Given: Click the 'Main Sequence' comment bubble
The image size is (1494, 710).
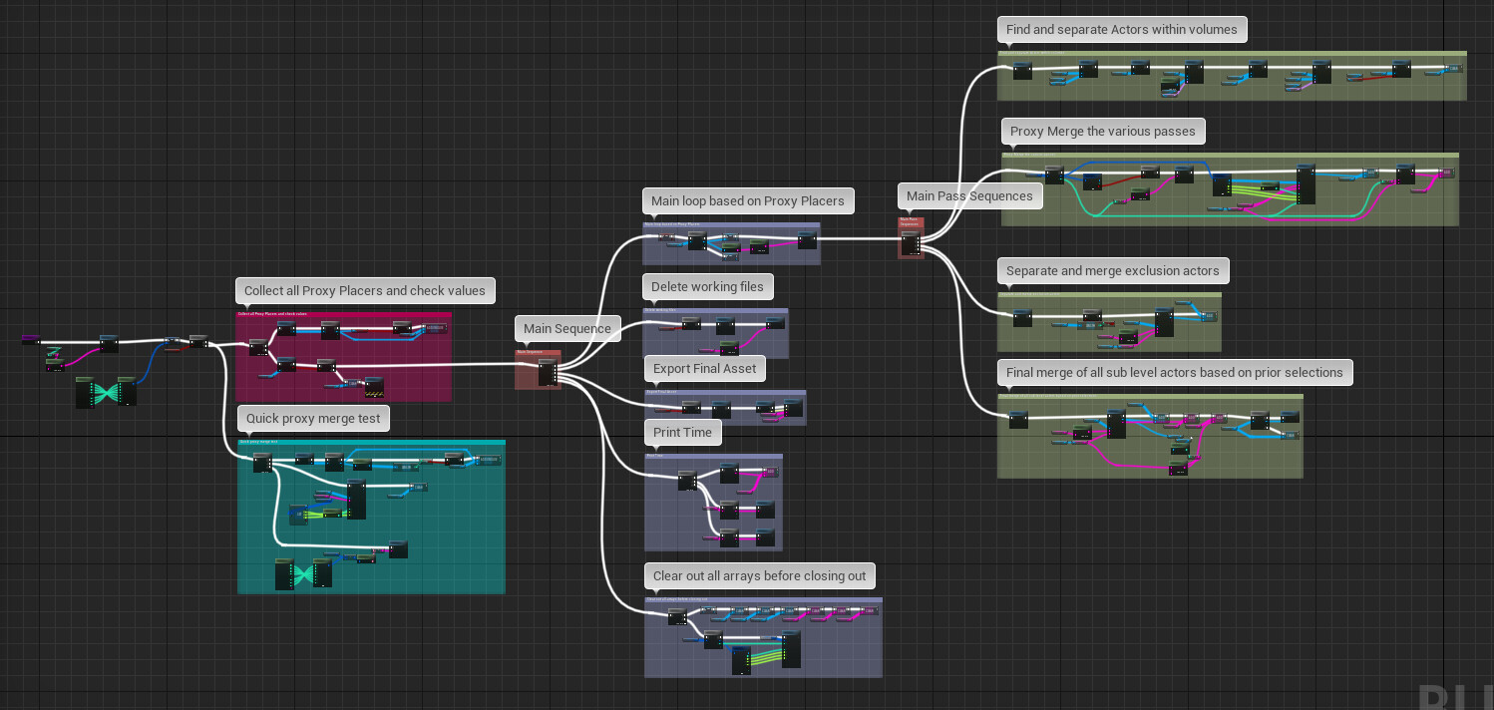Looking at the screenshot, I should point(566,329).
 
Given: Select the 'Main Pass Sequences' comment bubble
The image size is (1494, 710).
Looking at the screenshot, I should point(969,196).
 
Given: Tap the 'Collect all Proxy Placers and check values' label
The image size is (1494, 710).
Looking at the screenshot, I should point(364,291).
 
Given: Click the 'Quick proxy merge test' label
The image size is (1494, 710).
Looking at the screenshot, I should point(313,419).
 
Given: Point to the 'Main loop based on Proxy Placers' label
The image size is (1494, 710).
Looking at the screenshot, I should point(747,201).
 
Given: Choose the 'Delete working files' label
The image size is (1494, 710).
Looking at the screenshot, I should point(707,287).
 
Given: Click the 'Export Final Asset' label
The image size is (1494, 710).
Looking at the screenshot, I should point(704,369).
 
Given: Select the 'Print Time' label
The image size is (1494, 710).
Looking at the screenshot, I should point(682,433).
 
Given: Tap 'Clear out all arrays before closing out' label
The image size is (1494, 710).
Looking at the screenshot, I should point(759,576).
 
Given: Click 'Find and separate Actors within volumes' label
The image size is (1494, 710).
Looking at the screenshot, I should point(1121,30).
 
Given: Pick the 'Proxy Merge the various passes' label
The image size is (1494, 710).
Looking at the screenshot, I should point(1103,132).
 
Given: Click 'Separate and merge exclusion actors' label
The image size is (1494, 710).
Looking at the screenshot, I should point(1112,271).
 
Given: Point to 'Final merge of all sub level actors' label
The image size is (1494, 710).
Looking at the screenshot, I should point(1174,373).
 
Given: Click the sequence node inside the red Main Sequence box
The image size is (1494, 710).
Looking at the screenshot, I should point(547,372).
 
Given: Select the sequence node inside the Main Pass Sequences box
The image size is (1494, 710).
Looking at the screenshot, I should point(910,241).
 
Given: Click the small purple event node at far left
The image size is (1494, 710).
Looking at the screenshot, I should point(30,340).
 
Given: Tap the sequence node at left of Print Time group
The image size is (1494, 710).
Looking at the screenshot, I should point(686,481).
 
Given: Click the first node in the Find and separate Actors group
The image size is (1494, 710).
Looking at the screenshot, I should point(1022,70).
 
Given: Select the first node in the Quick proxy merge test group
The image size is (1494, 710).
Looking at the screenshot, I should point(262,462).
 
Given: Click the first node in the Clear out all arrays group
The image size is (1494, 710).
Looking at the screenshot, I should point(677,617).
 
